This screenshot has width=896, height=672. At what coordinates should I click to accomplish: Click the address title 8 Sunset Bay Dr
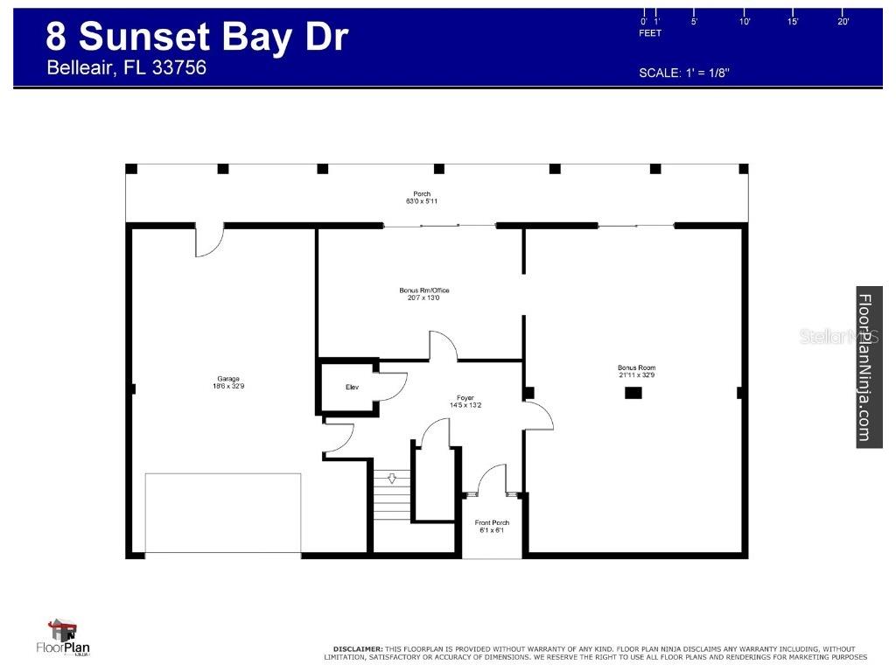tap(197, 37)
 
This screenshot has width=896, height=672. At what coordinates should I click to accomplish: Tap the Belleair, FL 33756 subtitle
tap(126, 68)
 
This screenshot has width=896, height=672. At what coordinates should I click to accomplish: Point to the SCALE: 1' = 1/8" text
tap(684, 73)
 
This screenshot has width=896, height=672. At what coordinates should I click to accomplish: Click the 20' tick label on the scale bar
tap(843, 22)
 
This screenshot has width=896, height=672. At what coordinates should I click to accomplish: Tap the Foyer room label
tap(465, 401)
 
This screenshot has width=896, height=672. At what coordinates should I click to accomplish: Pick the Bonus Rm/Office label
tap(423, 294)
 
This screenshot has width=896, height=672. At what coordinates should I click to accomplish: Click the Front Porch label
tap(492, 526)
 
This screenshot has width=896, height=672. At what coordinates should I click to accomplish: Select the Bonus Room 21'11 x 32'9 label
tap(636, 371)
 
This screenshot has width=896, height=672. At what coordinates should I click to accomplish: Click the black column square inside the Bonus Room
tap(633, 394)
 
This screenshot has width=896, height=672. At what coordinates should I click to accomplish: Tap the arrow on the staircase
tap(392, 479)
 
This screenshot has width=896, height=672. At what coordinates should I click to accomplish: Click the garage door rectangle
tap(223, 514)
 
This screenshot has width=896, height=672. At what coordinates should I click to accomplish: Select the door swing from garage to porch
tap(208, 241)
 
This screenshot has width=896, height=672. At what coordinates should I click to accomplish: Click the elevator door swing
tap(391, 386)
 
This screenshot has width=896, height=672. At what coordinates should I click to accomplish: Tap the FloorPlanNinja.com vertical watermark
tap(867, 367)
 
